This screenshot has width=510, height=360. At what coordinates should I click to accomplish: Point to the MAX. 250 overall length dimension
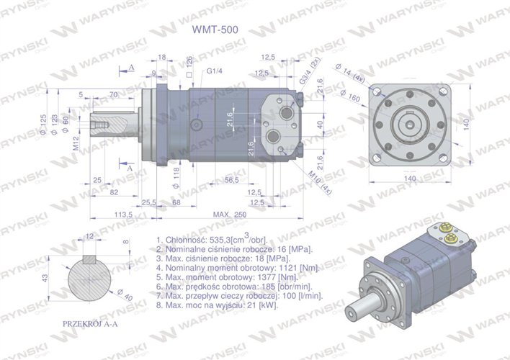(230, 215)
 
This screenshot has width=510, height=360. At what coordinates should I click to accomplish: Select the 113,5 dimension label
(126, 215)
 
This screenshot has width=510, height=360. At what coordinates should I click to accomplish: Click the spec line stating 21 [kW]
(217, 305)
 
